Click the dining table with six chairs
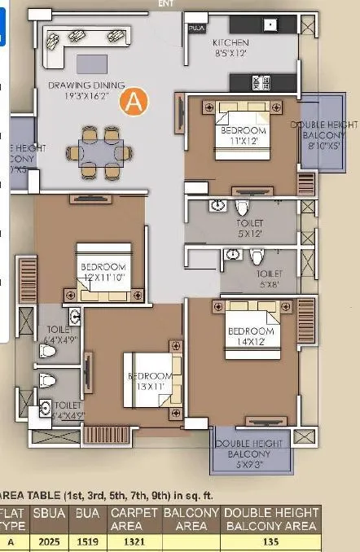(x=100, y=151)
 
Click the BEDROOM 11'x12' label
(x=242, y=136)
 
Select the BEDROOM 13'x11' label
(x=150, y=381)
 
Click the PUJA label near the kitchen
(x=195, y=27)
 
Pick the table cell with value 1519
(x=88, y=541)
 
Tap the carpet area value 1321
(x=133, y=541)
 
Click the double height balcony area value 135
(x=270, y=541)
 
